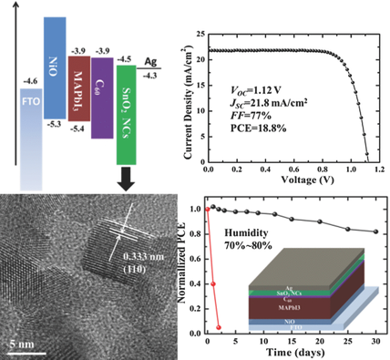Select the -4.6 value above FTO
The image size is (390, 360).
click(30, 82)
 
